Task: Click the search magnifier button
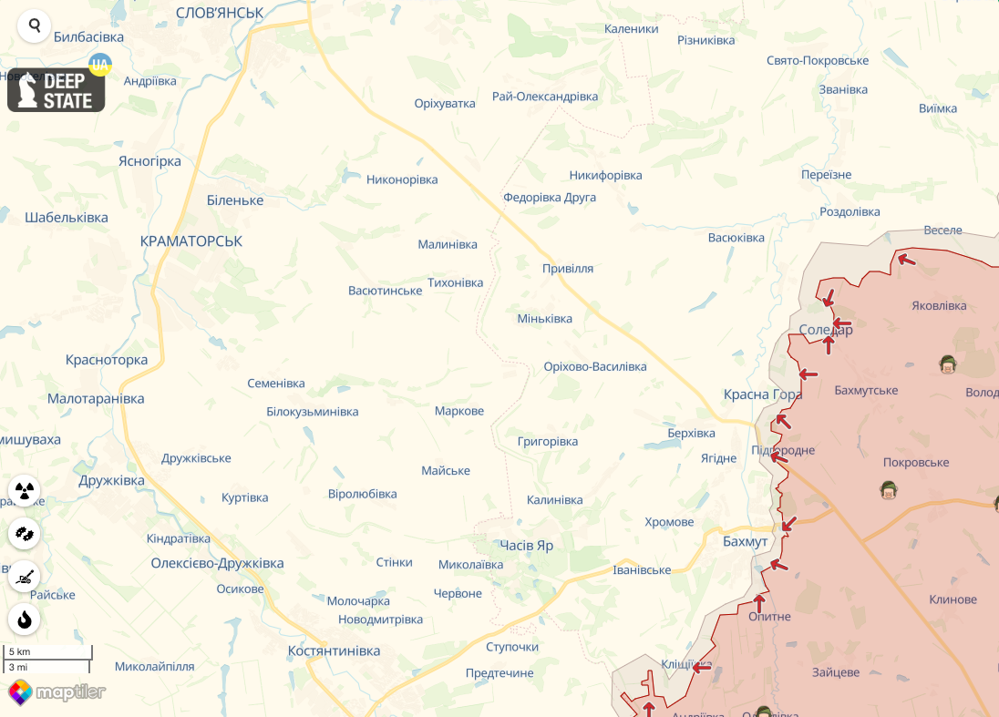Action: click(35, 26)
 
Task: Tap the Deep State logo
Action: click(57, 90)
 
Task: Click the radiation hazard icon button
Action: click(25, 491)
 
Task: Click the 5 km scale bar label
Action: click(20, 652)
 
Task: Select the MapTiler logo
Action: click(57, 692)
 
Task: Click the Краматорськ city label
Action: click(191, 241)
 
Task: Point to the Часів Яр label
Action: click(526, 545)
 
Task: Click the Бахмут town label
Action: click(745, 541)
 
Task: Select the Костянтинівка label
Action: click(334, 651)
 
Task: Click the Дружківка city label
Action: click(111, 480)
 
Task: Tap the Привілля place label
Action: click(567, 269)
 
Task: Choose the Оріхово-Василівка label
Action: click(594, 366)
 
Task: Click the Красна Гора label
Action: click(762, 394)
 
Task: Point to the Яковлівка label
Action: click(940, 306)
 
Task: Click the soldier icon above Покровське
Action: click(889, 490)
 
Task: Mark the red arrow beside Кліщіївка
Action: click(701, 668)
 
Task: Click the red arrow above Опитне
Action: click(759, 602)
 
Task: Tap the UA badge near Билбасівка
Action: click(99, 64)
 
